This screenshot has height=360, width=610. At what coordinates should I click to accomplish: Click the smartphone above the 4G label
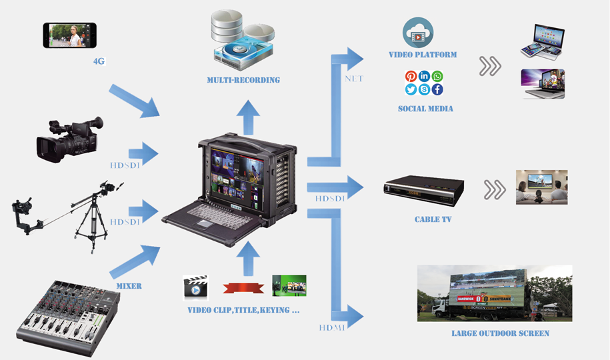(70, 35)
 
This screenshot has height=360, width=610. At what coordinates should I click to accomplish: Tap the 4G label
(100, 61)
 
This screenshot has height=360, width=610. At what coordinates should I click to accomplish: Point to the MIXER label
(129, 286)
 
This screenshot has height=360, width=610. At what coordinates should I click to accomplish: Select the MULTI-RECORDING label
(243, 80)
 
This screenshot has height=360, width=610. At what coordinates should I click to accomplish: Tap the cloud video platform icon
(418, 32)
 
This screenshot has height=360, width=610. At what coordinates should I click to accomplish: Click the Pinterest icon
(411, 77)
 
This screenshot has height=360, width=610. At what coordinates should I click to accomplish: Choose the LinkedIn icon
(425, 77)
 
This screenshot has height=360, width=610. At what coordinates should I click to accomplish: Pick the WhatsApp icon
(437, 77)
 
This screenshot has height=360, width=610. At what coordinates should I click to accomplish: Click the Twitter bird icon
(411, 89)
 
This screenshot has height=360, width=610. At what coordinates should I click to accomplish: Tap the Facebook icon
(437, 89)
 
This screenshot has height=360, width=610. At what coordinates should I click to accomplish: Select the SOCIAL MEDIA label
(425, 108)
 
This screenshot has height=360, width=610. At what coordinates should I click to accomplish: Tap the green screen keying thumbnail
(289, 286)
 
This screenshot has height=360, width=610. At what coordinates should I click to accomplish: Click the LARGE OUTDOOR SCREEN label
(500, 333)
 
